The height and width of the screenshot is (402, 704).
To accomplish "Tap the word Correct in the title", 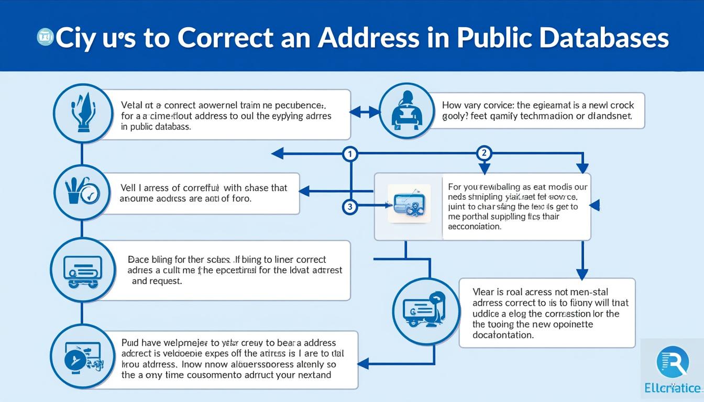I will (x=225, y=38).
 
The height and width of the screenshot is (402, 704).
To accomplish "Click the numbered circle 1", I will (x=350, y=154).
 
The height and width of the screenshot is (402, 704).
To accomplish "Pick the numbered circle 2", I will (x=484, y=153).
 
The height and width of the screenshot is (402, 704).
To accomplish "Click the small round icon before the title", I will (x=46, y=37).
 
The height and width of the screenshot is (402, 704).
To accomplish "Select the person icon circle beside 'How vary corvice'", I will (x=405, y=111).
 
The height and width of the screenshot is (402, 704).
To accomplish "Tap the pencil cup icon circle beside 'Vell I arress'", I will (x=81, y=192).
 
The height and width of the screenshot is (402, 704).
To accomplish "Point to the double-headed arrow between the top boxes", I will (x=364, y=111).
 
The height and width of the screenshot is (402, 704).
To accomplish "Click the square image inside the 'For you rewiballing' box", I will (x=409, y=205).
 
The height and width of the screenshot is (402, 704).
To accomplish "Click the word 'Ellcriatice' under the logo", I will (x=673, y=388).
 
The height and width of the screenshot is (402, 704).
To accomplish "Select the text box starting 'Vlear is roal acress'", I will (x=546, y=313).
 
